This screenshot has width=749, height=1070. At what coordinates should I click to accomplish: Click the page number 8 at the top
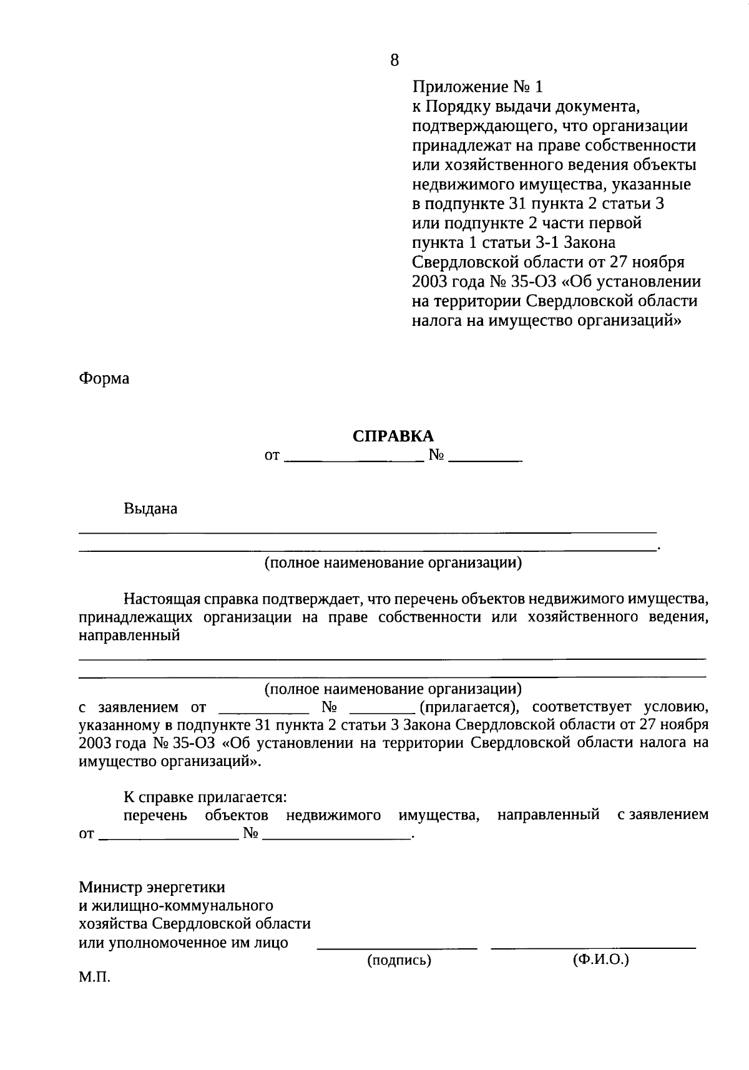(x=394, y=60)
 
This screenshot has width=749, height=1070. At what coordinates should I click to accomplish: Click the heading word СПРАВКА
(x=393, y=436)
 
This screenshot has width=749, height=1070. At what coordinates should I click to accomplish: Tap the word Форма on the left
(x=104, y=378)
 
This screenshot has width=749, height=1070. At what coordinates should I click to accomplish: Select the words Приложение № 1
(x=477, y=87)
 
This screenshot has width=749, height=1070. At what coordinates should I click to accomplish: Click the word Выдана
(x=150, y=509)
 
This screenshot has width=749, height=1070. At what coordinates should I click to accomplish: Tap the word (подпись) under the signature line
(x=399, y=960)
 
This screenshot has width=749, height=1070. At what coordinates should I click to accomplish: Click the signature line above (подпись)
(x=398, y=948)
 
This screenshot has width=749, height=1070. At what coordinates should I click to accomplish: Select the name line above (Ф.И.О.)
(x=594, y=948)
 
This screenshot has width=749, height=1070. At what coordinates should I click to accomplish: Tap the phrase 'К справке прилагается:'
(x=205, y=797)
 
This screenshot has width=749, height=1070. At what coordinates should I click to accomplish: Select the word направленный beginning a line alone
(x=129, y=636)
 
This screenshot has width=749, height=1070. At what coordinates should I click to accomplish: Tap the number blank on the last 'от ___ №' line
(x=336, y=835)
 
